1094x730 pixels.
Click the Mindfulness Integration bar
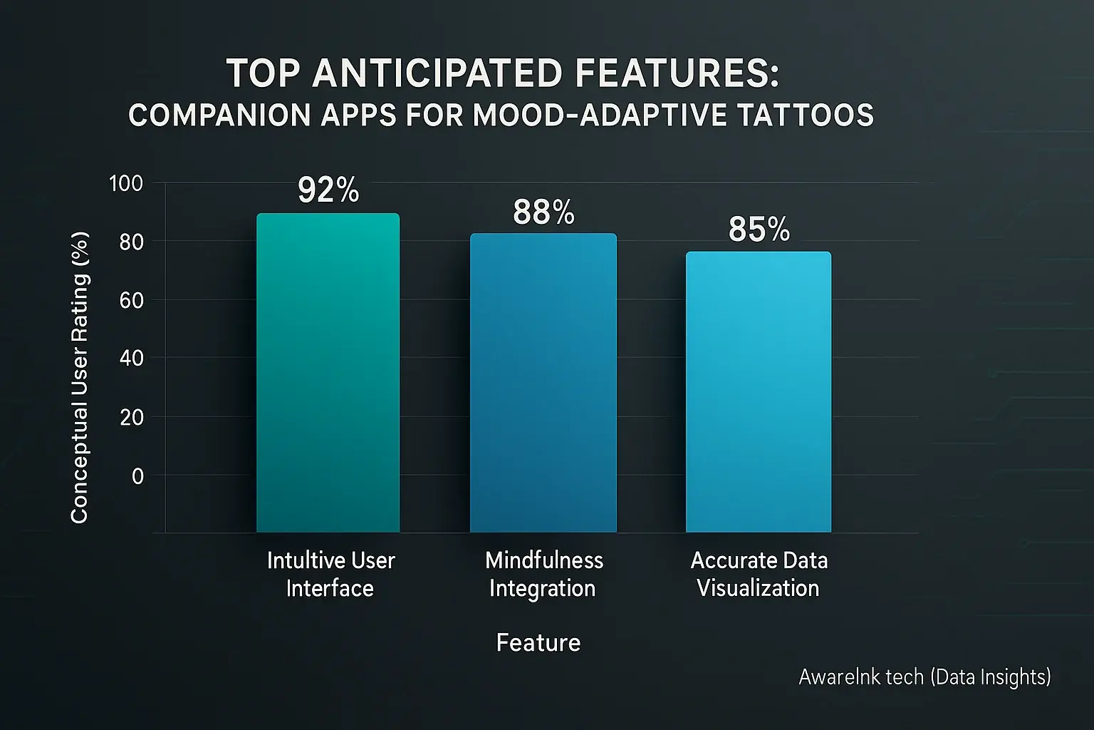(543, 382)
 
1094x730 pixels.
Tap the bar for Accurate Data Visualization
(758, 391)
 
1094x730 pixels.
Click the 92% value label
(328, 190)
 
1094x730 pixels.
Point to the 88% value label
(543, 212)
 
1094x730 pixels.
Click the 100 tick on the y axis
(126, 184)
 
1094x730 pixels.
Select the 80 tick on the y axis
(131, 242)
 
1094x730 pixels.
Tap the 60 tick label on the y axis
(131, 300)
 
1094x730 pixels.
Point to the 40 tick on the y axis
(131, 358)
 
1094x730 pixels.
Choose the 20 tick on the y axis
(132, 417)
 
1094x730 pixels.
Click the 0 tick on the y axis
(137, 475)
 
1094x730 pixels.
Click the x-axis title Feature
(538, 643)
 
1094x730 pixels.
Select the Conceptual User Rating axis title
(80, 377)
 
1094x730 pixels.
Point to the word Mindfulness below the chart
(544, 560)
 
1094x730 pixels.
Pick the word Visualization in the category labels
(758, 588)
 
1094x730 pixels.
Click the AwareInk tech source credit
(924, 677)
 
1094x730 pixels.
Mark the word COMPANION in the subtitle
(219, 115)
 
